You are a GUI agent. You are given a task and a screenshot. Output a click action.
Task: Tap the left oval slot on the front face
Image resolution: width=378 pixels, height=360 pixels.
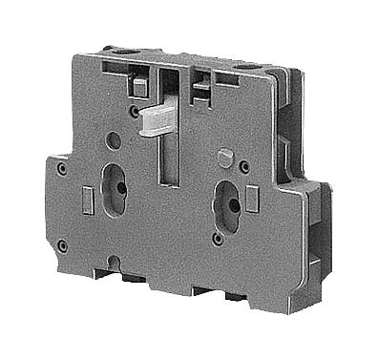(115, 190)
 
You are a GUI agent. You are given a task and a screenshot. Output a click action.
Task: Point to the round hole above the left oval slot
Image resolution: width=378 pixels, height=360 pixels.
(114, 140)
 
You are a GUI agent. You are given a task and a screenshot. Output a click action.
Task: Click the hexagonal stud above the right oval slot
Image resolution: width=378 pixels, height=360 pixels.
(225, 156)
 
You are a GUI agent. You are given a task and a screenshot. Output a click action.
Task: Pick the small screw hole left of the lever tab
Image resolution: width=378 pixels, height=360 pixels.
(133, 112)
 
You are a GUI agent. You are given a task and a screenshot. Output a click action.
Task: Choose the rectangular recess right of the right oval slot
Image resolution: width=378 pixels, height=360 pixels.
(251, 200)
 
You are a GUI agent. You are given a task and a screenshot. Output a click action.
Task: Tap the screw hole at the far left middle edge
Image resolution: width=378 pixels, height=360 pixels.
(61, 170)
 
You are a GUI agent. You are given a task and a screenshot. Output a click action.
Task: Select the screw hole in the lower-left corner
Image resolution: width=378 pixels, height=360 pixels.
(62, 245)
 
